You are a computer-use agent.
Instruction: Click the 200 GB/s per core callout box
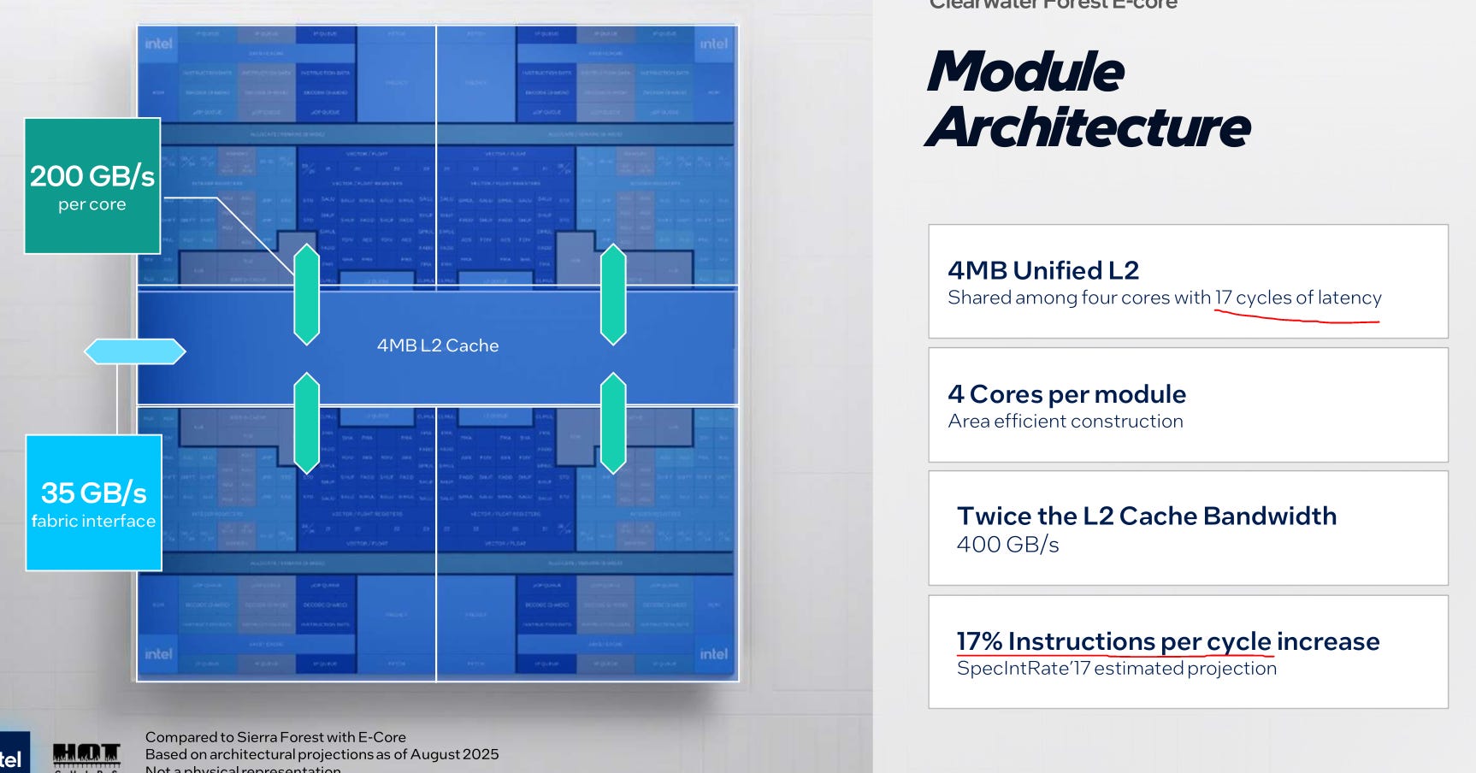click(92, 186)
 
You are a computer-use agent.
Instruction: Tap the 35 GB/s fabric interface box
click(94, 503)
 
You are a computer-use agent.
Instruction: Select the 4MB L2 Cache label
click(438, 345)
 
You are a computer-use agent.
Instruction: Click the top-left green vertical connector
click(306, 294)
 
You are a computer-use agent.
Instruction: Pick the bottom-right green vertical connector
click(613, 422)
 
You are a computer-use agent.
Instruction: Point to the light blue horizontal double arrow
click(134, 351)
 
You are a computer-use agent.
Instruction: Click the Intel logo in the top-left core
click(158, 44)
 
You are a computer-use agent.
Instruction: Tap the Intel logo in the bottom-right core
click(714, 654)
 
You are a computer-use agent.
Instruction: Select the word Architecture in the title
click(1088, 127)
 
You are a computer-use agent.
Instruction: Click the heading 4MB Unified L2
click(1043, 270)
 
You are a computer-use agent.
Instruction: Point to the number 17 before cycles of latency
click(1223, 298)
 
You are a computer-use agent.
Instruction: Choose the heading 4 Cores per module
click(1066, 394)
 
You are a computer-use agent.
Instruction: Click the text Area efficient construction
click(1066, 421)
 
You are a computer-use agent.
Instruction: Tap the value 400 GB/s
click(1007, 545)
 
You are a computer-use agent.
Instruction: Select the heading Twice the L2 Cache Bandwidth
click(1146, 516)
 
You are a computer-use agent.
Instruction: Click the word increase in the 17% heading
click(1328, 641)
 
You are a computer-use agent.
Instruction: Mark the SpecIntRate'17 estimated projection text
click(1116, 668)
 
